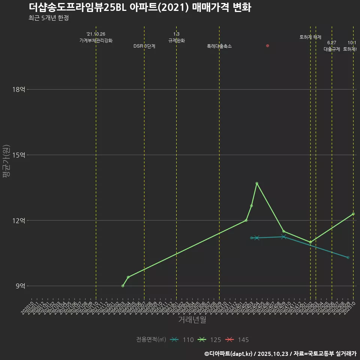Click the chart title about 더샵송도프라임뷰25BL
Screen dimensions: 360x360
coord(139,7)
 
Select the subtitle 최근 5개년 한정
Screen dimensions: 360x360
coord(48,18)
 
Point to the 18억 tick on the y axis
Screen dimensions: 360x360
coord(18,90)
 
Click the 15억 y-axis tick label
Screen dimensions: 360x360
coord(18,155)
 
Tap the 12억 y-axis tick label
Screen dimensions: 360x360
coord(18,220)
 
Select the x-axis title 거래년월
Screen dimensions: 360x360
coord(192,320)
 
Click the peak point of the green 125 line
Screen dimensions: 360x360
coord(257,183)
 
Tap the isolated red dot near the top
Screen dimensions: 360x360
coord(267,46)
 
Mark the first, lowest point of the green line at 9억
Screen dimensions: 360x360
coord(123,286)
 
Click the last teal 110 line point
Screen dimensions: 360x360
coord(348,258)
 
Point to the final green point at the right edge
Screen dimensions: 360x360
coord(353,214)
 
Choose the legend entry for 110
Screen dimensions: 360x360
coord(182,340)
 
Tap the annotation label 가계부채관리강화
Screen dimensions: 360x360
coord(96,40)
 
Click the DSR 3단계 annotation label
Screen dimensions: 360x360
coord(144,46)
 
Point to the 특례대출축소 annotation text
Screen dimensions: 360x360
coord(219,46)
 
